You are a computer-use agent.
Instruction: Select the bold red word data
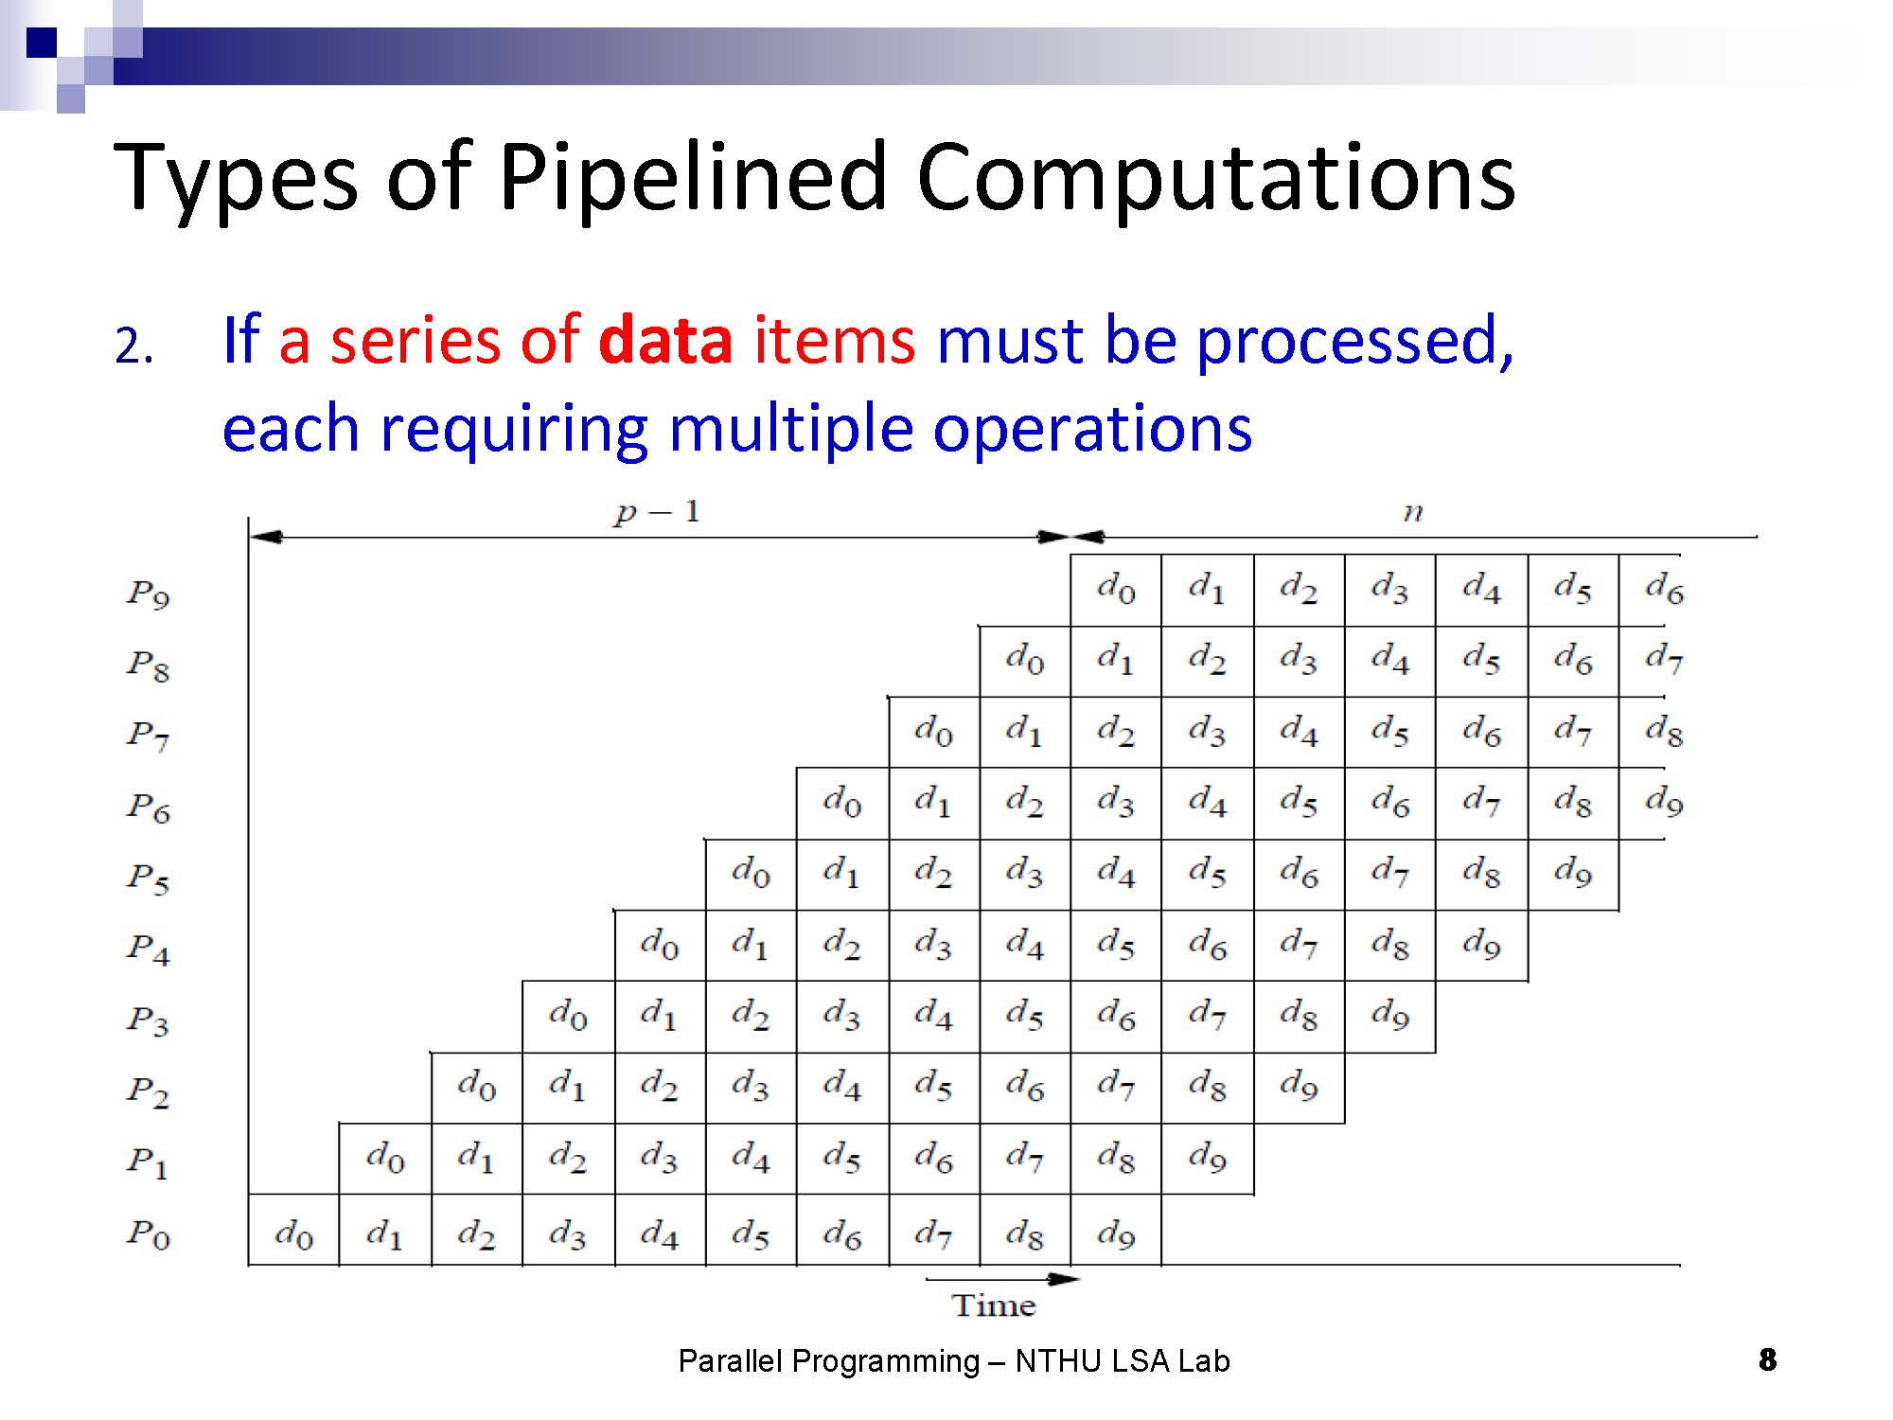coord(665,340)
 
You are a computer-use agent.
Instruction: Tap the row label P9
coord(149,595)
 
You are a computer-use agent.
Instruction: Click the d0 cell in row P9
coord(1116,590)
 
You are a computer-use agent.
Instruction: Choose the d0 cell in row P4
coord(660,945)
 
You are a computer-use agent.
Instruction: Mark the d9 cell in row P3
coord(1389,1016)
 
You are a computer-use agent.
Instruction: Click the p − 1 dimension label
coord(656,513)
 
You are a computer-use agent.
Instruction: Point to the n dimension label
coord(1412,513)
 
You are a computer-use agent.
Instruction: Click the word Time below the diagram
coord(994,1305)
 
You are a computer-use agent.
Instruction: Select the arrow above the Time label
coord(1002,1279)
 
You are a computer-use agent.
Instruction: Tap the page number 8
coord(1767,1360)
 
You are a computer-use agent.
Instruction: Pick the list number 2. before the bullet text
coord(134,346)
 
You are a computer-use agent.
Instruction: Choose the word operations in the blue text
coord(1092,429)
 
